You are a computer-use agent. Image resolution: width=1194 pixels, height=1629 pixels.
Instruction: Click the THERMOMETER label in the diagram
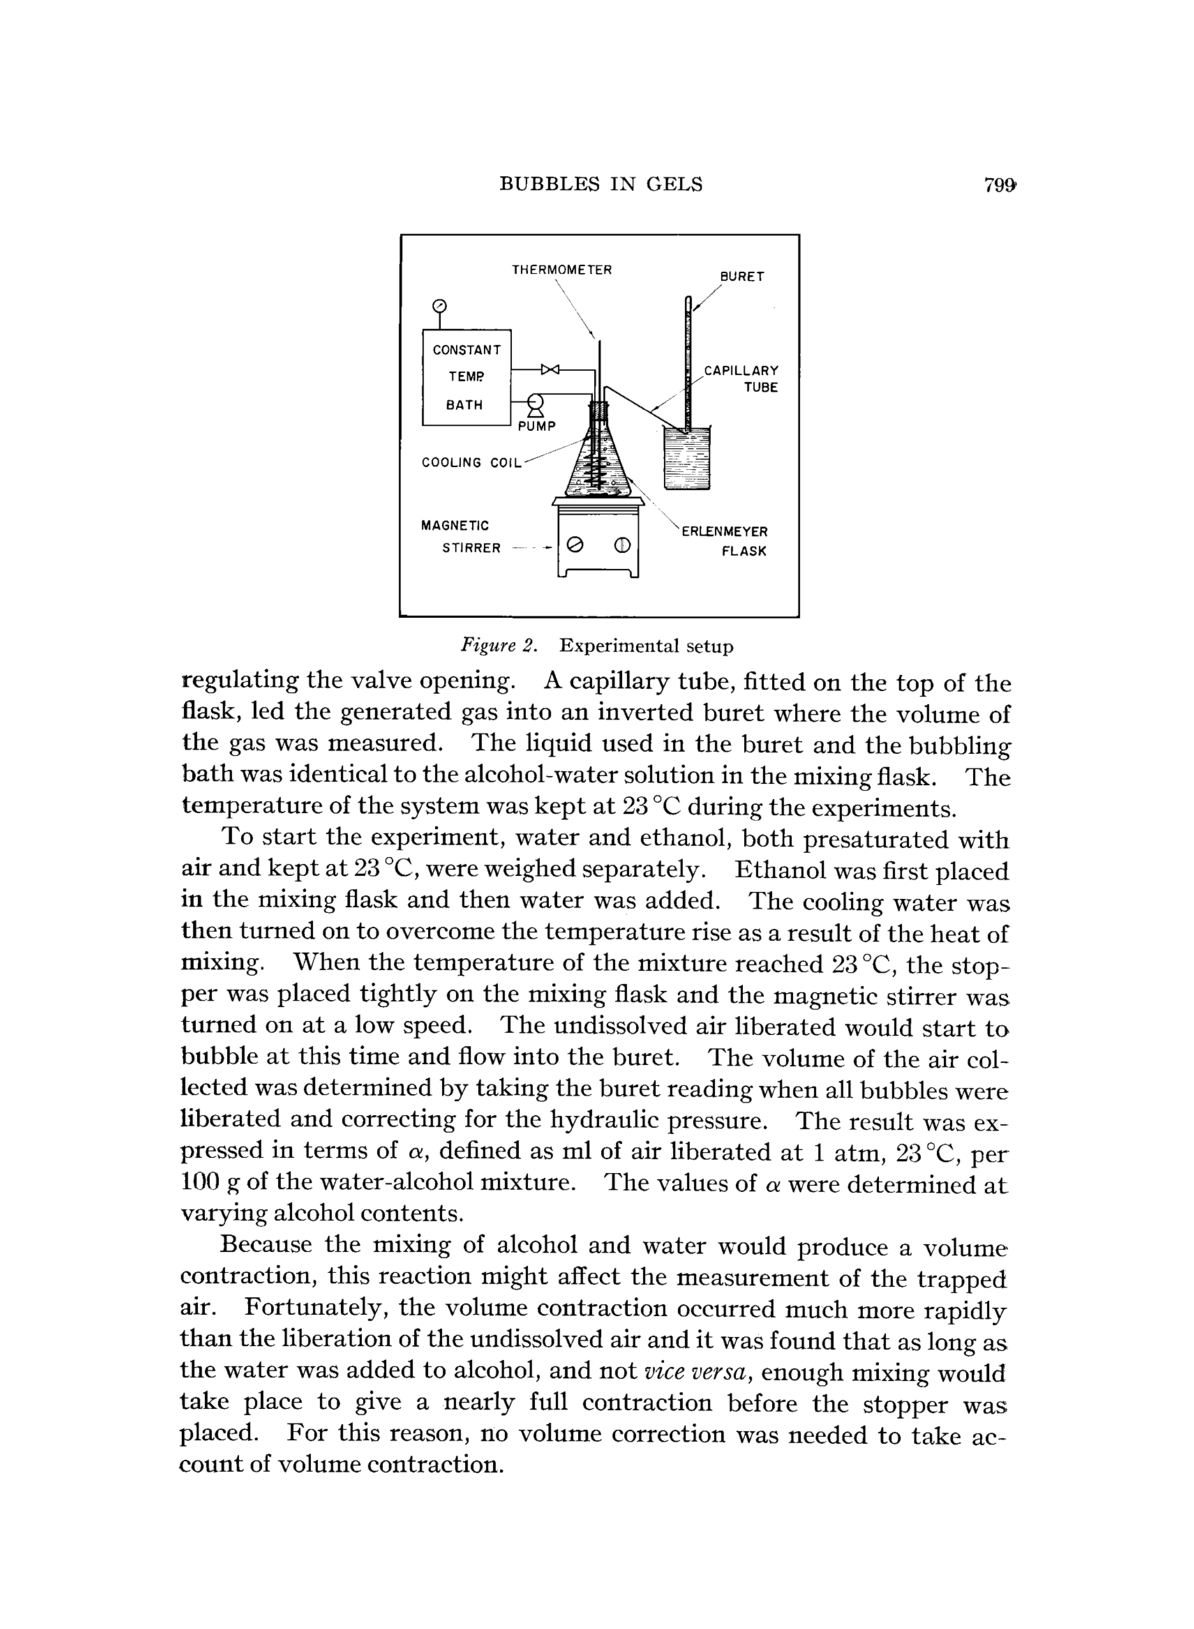(562, 270)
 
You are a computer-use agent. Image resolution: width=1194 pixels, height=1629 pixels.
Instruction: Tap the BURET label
(742, 277)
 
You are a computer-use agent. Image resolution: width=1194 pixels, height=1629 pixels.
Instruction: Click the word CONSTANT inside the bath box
(466, 350)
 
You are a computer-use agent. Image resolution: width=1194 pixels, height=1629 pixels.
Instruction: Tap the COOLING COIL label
(471, 463)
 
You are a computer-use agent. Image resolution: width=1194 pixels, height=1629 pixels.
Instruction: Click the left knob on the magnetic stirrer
(575, 544)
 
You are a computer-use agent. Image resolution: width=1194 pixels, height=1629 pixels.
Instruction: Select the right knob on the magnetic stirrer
(622, 544)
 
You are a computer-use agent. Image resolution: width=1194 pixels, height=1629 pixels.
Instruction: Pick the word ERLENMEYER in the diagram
(725, 532)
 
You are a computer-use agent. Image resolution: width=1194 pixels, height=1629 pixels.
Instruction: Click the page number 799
(999, 186)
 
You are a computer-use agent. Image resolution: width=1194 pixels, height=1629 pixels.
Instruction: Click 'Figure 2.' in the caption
(500, 646)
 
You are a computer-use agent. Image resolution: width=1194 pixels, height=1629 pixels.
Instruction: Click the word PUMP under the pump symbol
(537, 426)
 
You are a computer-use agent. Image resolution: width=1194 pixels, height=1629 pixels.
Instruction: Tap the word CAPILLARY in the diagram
(742, 370)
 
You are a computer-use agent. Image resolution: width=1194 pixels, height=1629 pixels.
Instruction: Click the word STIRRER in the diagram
(471, 548)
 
